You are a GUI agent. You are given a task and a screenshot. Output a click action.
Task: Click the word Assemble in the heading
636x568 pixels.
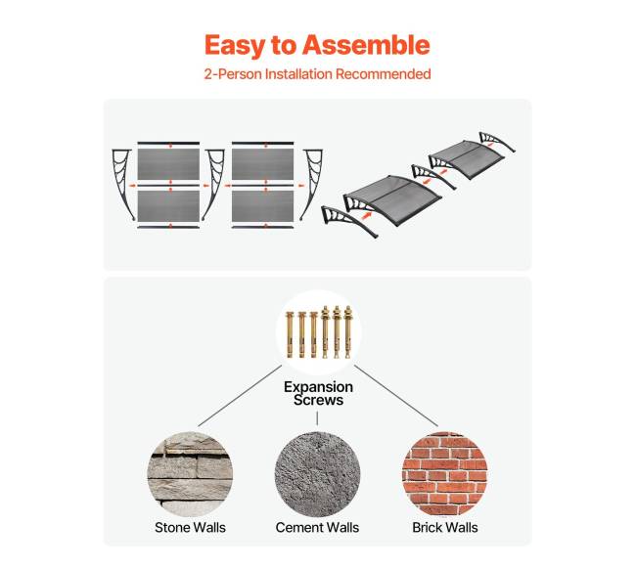(366, 45)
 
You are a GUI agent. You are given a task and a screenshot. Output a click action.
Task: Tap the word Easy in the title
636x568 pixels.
(235, 46)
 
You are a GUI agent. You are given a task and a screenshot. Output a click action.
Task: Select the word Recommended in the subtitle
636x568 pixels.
(383, 74)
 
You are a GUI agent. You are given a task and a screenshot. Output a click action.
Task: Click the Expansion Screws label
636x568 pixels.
(318, 393)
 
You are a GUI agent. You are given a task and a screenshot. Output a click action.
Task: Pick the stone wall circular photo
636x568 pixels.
(190, 473)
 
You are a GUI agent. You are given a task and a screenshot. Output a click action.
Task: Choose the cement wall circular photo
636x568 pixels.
(317, 473)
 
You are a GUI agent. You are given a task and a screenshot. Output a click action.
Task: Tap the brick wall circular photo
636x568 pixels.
(444, 473)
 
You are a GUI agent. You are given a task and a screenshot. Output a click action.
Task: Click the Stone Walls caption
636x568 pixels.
(190, 528)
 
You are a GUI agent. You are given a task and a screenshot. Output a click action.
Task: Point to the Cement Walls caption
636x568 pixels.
(317, 528)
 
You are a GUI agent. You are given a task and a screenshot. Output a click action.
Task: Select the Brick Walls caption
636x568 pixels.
(445, 528)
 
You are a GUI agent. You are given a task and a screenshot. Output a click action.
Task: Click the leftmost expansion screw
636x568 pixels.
(290, 334)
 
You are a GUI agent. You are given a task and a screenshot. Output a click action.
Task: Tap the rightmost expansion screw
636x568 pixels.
(348, 332)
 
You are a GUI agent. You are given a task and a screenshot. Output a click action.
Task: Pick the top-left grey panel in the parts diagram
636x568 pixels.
(168, 164)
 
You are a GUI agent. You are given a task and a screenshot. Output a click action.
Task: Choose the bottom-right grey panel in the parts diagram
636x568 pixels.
(263, 206)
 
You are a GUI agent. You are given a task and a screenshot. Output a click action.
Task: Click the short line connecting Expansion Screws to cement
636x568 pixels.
(317, 418)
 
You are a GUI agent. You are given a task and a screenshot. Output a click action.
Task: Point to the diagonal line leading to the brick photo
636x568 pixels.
(396, 396)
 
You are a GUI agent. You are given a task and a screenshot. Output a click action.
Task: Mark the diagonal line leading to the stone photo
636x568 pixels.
(240, 396)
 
